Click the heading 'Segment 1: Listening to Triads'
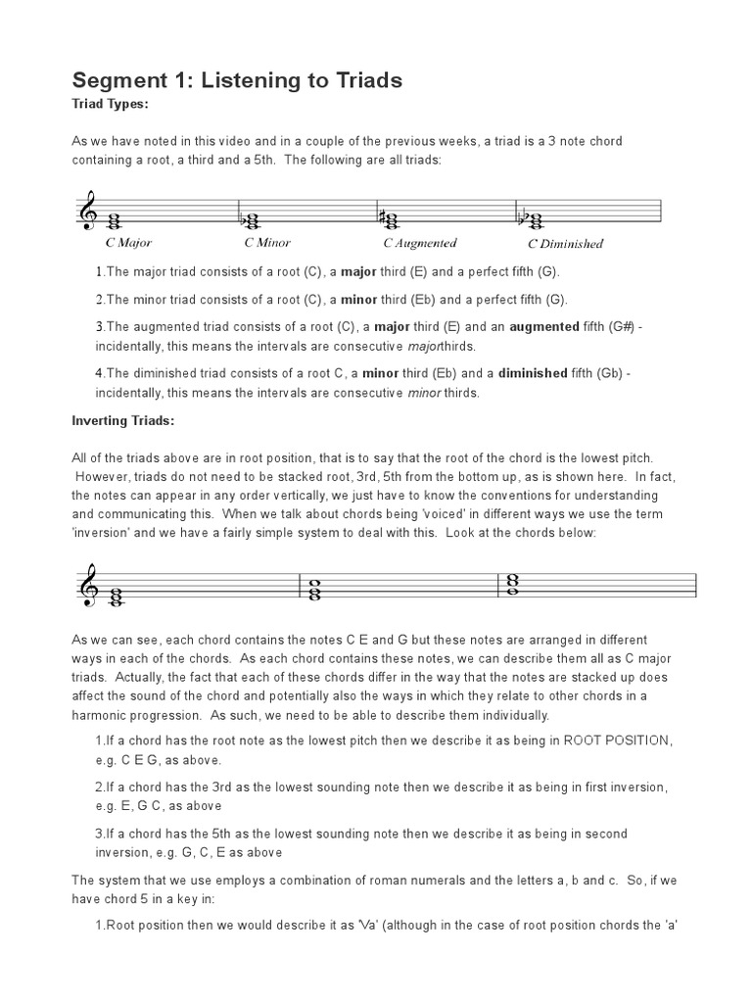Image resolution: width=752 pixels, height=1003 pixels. click(237, 80)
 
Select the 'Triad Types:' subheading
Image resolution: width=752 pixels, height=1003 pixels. click(110, 103)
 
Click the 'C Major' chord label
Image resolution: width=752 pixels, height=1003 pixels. click(128, 242)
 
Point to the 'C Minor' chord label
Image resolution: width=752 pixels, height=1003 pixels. click(267, 242)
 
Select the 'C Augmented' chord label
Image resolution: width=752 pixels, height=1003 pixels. click(419, 243)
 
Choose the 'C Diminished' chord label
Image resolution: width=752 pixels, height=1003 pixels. click(565, 244)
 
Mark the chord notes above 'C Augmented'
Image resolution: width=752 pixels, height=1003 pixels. click(392, 216)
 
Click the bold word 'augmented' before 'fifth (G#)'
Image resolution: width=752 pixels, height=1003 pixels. click(544, 327)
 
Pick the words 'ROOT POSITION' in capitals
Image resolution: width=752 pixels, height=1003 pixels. click(616, 740)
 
